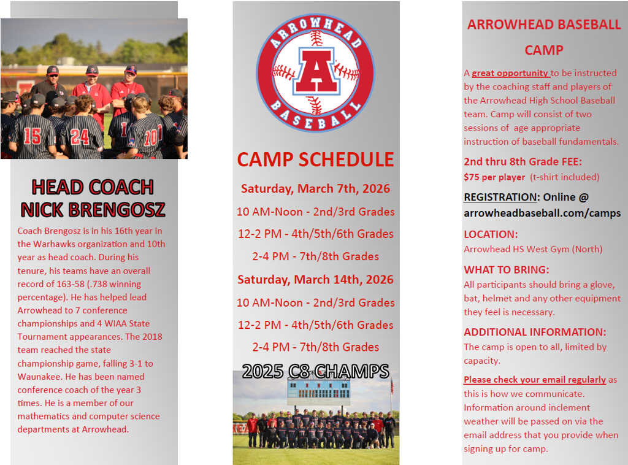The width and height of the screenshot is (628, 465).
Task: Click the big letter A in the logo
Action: (315, 72)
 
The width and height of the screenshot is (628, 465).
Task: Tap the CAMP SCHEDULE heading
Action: (315, 159)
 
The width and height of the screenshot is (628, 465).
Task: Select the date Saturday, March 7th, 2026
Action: (315, 188)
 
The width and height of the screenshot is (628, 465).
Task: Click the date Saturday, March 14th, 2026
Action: (315, 280)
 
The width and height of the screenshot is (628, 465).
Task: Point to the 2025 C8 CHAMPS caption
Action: (315, 371)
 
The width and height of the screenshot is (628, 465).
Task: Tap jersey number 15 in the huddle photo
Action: (33, 136)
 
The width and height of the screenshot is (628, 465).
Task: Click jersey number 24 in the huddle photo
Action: (80, 136)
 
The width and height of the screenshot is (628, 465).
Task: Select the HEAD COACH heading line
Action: (93, 186)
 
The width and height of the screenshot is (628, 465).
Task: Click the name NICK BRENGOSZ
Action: (93, 210)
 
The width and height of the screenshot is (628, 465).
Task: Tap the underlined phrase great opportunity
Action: (510, 73)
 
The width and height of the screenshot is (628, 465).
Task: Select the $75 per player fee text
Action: (494, 177)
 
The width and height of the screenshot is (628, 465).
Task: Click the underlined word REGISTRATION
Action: (500, 198)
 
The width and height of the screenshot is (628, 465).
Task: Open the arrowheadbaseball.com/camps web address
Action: (542, 213)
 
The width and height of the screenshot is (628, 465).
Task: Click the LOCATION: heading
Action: (491, 234)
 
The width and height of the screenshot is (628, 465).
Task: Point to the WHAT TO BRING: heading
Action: (507, 270)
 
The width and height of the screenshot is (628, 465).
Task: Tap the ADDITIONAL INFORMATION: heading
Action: (535, 332)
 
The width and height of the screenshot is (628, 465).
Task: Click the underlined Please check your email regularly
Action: (535, 380)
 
